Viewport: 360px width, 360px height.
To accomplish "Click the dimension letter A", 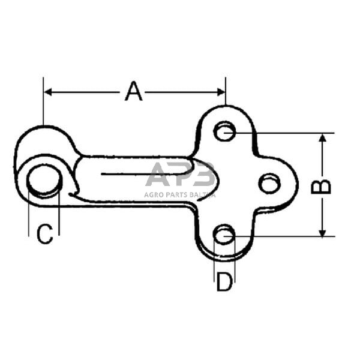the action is (x=134, y=91).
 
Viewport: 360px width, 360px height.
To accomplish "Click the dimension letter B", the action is (x=321, y=187).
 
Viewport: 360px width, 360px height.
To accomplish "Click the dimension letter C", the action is (x=45, y=234).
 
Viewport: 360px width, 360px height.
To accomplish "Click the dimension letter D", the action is (x=224, y=282).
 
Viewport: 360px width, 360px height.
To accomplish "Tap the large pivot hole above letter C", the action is (x=44, y=181).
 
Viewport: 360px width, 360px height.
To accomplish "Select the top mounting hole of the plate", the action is (x=224, y=131).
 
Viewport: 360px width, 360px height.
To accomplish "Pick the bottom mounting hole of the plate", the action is (x=224, y=234).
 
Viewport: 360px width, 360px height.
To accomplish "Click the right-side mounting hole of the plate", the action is (x=269, y=183).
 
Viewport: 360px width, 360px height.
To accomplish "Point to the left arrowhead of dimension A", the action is (x=47, y=92).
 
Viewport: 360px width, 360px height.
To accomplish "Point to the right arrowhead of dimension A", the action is (x=221, y=92).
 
